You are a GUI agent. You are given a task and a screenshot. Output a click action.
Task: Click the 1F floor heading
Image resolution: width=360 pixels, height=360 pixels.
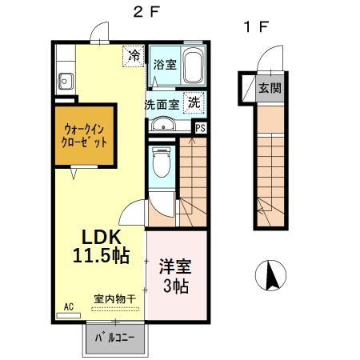pos(255,27)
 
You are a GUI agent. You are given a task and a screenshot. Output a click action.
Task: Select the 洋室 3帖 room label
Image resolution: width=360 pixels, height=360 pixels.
pos(174,274)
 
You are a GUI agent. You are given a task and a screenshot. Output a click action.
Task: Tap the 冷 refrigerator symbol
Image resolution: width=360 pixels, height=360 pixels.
pos(134,57)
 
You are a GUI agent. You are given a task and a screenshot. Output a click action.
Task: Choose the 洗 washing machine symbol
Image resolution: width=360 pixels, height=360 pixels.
pos(194,102)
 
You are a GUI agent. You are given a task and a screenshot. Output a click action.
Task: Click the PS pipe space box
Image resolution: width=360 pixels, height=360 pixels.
pos(201,126)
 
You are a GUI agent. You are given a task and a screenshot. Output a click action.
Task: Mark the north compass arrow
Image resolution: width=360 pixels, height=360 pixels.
pos(270,277)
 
